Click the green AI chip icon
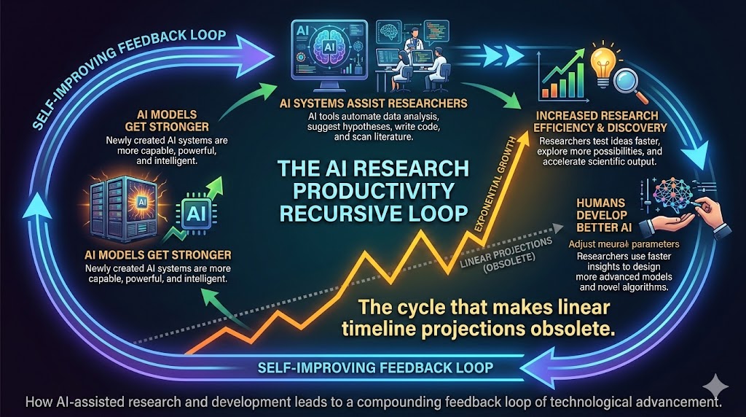coord(195,213)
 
